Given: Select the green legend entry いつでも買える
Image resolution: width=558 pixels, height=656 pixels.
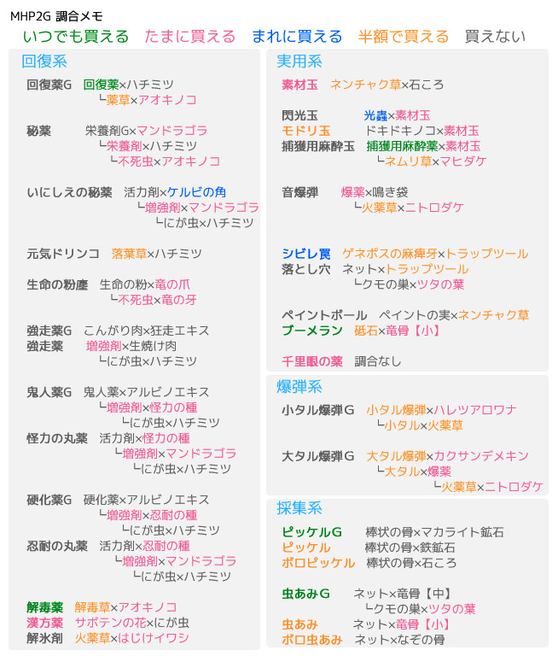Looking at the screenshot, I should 76,37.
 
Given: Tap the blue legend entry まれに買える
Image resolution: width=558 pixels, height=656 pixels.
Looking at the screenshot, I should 296,37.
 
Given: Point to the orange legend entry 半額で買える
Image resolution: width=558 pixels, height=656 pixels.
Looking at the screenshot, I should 403,37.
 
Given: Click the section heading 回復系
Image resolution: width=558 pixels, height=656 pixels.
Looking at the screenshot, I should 44,61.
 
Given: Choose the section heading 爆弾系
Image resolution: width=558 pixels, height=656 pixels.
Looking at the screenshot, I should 299,387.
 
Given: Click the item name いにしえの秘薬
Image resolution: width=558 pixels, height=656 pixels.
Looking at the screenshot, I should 69,192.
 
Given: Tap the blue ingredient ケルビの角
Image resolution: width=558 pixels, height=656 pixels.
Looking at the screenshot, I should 197,192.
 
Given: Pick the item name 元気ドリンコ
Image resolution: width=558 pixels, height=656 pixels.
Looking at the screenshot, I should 63,254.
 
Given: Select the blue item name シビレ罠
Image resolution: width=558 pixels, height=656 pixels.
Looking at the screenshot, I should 306,254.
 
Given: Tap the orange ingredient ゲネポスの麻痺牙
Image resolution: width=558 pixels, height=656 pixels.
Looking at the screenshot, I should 389,254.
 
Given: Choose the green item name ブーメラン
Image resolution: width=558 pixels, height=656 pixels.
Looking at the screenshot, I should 311,331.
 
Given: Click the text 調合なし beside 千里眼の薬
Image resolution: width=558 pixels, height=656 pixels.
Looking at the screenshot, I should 377,361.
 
